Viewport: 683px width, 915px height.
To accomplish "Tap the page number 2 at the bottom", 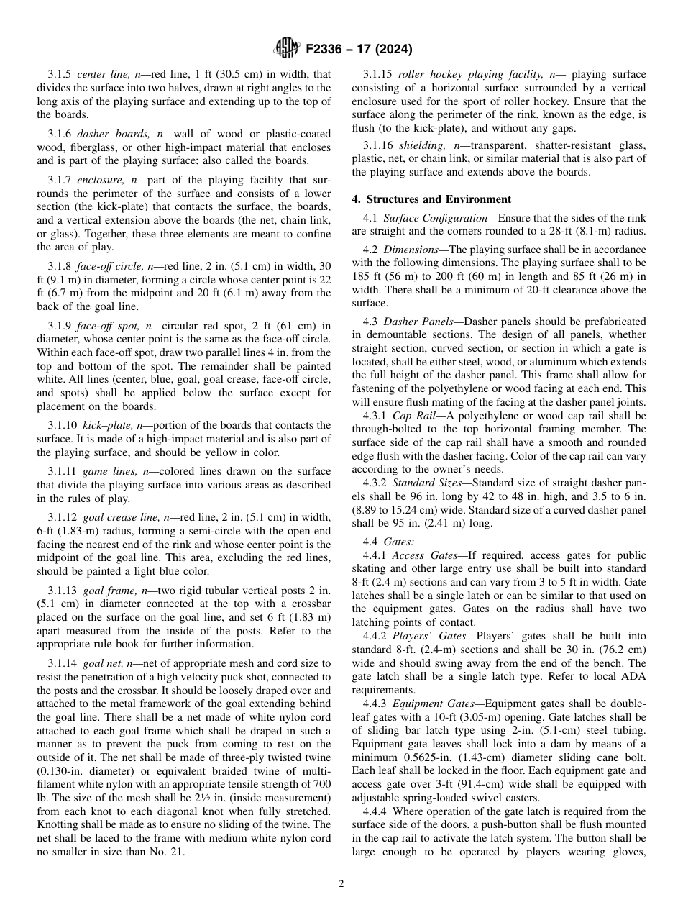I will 341,884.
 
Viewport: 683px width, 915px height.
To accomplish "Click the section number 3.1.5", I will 60,74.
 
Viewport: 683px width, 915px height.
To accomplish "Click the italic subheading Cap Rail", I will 414,416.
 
